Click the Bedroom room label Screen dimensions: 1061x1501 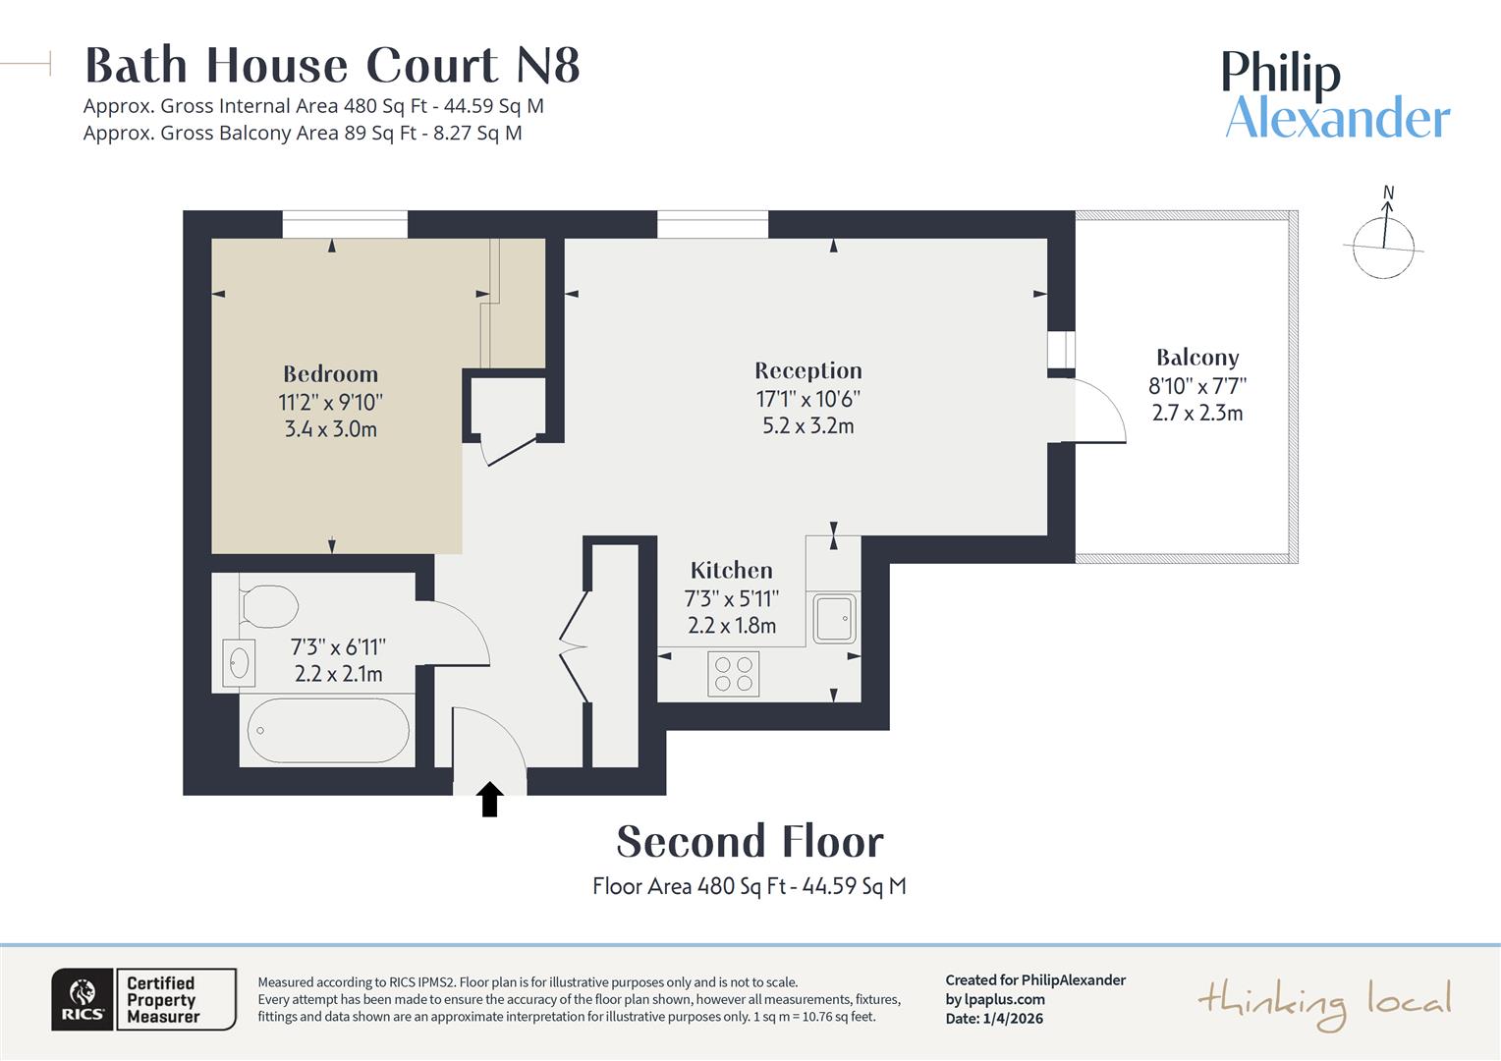[x=330, y=374]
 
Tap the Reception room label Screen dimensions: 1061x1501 [x=807, y=370]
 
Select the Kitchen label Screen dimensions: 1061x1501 [x=731, y=571]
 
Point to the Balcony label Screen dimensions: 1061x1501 [x=1196, y=358]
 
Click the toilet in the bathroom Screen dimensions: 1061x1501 [x=267, y=606]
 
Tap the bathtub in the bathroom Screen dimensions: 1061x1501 [x=328, y=731]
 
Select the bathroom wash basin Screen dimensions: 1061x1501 [x=239, y=663]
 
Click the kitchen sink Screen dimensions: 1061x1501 [x=833, y=618]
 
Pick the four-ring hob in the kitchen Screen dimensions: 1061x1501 [x=733, y=674]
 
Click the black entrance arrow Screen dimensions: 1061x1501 [x=490, y=799]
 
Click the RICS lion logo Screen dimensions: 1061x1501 [x=83, y=999]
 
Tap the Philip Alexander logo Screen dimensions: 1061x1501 [x=1335, y=95]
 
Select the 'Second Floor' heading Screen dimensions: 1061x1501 [x=750, y=842]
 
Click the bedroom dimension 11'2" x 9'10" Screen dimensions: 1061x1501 [x=330, y=403]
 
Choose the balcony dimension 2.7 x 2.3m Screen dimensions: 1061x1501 [x=1196, y=414]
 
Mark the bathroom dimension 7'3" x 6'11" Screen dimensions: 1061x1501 [x=338, y=647]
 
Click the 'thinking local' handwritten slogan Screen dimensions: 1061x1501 [x=1323, y=1003]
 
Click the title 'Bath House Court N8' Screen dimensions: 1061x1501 [x=332, y=66]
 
